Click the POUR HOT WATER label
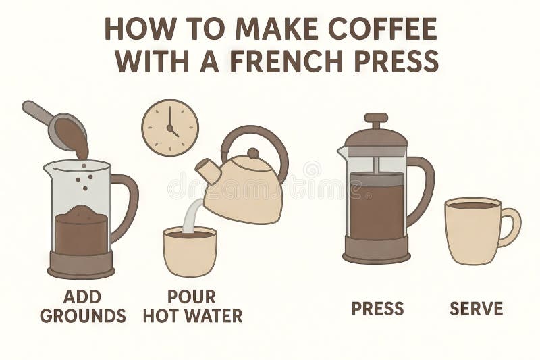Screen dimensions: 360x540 [192, 306]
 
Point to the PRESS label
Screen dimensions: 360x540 [377, 309]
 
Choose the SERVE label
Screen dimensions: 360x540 [476, 309]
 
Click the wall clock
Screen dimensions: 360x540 [170, 128]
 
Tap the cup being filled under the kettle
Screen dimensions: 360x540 [190, 253]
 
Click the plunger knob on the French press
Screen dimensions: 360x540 [376, 118]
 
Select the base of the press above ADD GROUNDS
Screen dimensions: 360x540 [80, 265]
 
